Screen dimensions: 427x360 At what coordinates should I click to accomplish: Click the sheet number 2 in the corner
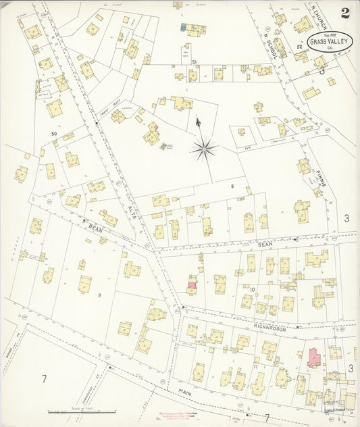click(x=345, y=13)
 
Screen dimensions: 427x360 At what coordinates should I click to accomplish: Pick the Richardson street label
click(x=269, y=328)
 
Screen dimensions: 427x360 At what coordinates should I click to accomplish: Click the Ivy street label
click(x=239, y=145)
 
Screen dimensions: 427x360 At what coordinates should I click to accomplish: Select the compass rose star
click(x=203, y=147)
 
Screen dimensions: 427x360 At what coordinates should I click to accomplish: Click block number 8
click(x=232, y=184)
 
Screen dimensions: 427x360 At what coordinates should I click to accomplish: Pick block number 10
click(x=252, y=289)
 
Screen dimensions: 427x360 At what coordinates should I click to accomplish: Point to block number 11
click(x=256, y=366)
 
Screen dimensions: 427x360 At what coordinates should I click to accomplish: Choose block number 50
click(x=54, y=134)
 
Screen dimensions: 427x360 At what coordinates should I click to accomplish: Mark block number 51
click(x=194, y=63)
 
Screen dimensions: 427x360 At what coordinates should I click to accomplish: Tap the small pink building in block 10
click(x=192, y=286)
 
